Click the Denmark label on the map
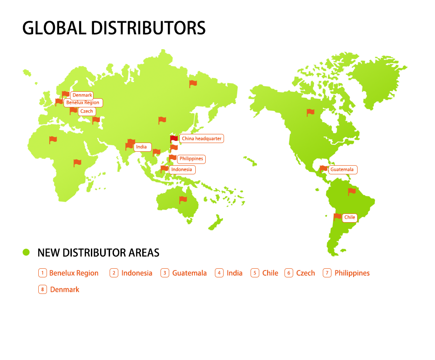82,95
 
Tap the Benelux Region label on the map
83,103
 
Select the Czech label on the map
87,111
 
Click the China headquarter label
201,139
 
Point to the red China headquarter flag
174,139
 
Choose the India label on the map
141,147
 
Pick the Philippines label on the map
191,159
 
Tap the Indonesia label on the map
181,170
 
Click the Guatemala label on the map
342,170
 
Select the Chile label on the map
349,217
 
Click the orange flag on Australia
183,200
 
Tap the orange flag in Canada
310,112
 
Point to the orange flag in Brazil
352,191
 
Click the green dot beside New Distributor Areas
26,252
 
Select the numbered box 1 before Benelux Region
43,273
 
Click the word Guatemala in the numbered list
189,273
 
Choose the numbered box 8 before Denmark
43,290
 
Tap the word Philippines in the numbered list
352,273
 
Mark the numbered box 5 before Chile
255,273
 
